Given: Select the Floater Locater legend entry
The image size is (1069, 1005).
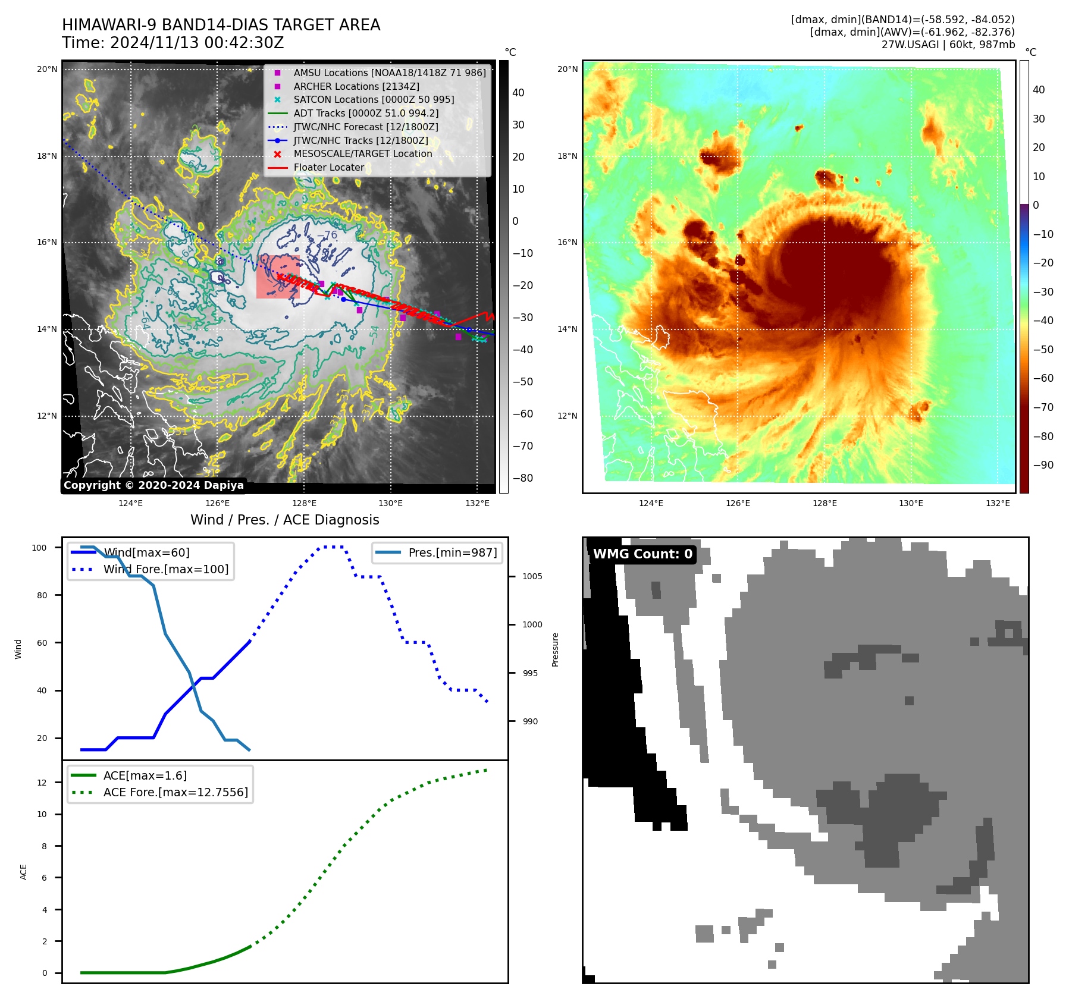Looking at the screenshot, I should (x=328, y=168).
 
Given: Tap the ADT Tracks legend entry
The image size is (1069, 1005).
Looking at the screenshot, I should (x=366, y=113).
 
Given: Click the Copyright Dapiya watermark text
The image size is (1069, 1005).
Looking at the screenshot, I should (x=153, y=485).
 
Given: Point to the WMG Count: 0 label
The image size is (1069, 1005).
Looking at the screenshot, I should (x=642, y=554).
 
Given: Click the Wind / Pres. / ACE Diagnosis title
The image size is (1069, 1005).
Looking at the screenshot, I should (x=284, y=520).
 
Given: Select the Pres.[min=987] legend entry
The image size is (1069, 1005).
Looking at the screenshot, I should (x=452, y=552).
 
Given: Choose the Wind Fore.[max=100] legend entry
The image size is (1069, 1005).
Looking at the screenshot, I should (x=165, y=569).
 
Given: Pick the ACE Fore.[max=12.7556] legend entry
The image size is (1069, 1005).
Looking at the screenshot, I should (x=175, y=792).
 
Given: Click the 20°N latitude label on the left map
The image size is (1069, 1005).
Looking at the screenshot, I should (x=47, y=70).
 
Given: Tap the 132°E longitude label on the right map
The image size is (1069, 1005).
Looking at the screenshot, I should (x=998, y=503).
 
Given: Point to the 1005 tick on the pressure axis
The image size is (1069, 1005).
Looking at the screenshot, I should (x=532, y=576).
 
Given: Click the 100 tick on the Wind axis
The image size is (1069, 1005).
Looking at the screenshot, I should (x=39, y=548).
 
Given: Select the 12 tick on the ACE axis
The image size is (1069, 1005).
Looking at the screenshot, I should (x=42, y=783).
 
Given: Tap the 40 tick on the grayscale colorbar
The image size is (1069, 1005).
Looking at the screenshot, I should (x=518, y=93).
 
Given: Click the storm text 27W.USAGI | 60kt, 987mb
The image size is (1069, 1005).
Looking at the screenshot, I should (x=948, y=45).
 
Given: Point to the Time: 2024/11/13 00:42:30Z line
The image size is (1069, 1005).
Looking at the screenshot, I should (x=173, y=43).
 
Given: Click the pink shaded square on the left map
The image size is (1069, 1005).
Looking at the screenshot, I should (x=278, y=277).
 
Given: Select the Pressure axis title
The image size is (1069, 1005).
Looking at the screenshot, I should (x=555, y=649).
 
